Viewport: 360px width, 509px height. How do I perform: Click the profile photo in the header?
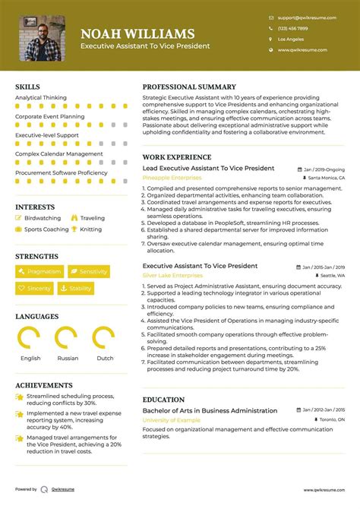pos(42,38)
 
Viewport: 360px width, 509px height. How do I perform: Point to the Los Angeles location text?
pos(290,38)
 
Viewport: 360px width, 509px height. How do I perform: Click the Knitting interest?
pos(90,229)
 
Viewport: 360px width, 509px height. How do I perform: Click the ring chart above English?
pos(30,338)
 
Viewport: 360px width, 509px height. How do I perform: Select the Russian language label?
pos(68,358)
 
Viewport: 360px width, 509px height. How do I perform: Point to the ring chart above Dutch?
pos(104,338)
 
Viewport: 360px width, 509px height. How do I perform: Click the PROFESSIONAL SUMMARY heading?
pos(189,87)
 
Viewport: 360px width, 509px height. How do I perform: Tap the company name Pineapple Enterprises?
pos(172,177)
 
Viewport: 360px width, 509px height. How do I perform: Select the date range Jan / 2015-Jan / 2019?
pos(323,267)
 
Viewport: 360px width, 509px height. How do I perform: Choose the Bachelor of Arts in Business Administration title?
pos(210,410)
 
